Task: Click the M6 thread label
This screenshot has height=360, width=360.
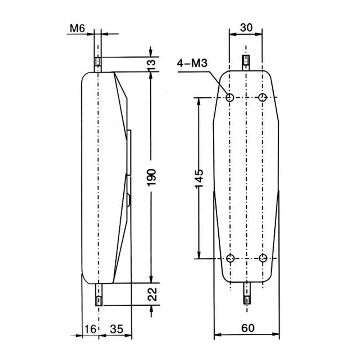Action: click(x=77, y=28)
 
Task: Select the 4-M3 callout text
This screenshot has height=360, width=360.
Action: click(x=192, y=63)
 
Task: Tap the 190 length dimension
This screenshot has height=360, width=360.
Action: click(x=151, y=177)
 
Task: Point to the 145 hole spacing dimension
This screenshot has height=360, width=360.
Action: click(x=199, y=178)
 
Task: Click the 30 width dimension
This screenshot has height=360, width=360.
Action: click(x=246, y=28)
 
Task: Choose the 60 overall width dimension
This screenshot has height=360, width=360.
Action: click(x=248, y=328)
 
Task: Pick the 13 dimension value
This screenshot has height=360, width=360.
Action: click(x=151, y=64)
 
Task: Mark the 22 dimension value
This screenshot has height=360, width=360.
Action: click(x=152, y=294)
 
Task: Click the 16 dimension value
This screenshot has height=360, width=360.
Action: click(x=90, y=329)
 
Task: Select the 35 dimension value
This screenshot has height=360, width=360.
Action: click(x=117, y=329)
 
